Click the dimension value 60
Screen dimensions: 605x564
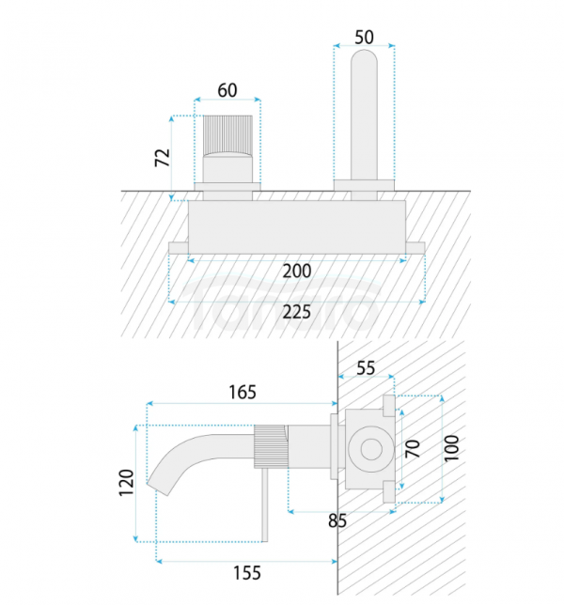(x=227, y=90)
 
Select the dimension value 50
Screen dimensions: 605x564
(x=364, y=37)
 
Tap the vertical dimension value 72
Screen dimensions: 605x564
(x=162, y=157)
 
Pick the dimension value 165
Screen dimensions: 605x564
(x=242, y=392)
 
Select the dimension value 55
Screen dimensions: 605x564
(x=365, y=369)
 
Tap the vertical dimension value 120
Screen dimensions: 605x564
(x=124, y=483)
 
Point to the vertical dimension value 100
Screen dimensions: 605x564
(x=453, y=448)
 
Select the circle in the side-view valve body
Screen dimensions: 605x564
(x=368, y=447)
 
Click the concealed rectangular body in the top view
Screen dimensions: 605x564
(x=297, y=226)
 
